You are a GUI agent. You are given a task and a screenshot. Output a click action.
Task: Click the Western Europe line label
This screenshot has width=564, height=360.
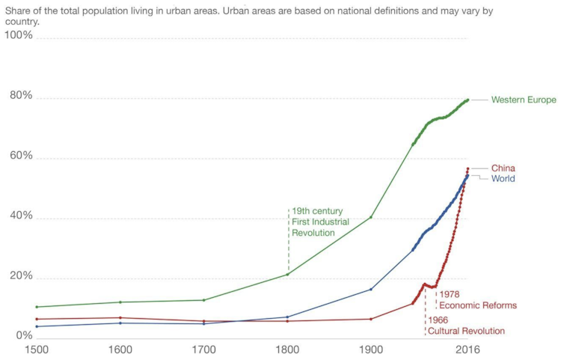[x=523, y=100]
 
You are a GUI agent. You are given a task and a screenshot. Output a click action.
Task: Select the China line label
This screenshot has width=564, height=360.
[x=503, y=168]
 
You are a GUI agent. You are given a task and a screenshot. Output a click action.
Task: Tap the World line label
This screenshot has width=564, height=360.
[x=503, y=179]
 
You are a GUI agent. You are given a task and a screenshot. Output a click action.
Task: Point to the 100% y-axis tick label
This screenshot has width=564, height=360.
[x=19, y=36]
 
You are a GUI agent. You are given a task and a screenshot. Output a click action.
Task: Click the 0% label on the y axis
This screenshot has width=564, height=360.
[x=24, y=337]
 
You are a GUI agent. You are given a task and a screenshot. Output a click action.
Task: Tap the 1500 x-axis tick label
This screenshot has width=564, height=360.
[x=37, y=350]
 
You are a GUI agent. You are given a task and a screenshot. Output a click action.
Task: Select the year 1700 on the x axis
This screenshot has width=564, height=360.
[x=204, y=350]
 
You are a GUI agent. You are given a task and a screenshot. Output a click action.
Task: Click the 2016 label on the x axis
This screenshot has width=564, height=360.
[x=468, y=350]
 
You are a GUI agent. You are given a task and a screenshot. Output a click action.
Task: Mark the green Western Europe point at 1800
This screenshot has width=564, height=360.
[x=288, y=275]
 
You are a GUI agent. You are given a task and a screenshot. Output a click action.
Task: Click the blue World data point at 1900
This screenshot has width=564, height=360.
[x=371, y=290]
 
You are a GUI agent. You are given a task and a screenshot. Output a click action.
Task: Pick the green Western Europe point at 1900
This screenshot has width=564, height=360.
[x=371, y=218]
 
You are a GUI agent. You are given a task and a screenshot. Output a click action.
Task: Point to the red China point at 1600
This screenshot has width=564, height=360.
[x=120, y=318]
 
